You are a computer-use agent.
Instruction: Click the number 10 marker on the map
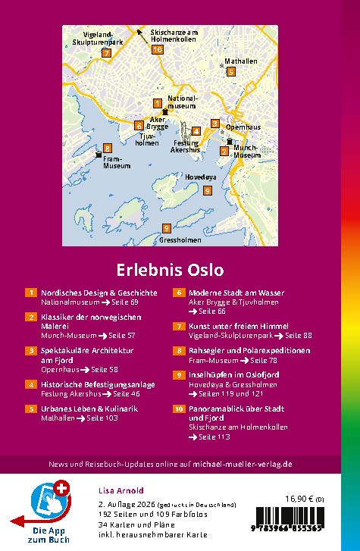157,50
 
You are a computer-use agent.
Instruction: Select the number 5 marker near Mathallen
230,72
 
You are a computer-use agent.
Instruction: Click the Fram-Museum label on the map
117,162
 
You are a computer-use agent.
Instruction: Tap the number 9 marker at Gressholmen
166,229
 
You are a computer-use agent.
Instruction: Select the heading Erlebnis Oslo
170,269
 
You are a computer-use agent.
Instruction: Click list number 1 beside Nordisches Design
31,293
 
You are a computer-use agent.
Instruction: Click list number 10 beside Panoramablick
180,409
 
